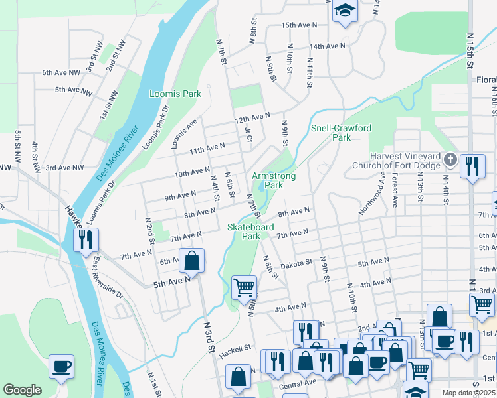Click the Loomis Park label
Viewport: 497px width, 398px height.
point(175,94)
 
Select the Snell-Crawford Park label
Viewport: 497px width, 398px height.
point(341,133)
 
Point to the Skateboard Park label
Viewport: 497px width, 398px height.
point(251,231)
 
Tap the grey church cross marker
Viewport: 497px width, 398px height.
point(450,159)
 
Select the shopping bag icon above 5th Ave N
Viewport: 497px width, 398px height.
point(191,261)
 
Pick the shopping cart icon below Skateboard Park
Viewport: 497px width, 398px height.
point(244,287)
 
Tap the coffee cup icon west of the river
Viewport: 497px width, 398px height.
point(61,366)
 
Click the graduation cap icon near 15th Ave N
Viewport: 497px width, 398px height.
point(345,11)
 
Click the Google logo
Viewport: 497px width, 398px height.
point(22,390)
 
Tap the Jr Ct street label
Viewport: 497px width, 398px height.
point(248,135)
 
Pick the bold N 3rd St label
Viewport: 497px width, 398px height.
point(209,338)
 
